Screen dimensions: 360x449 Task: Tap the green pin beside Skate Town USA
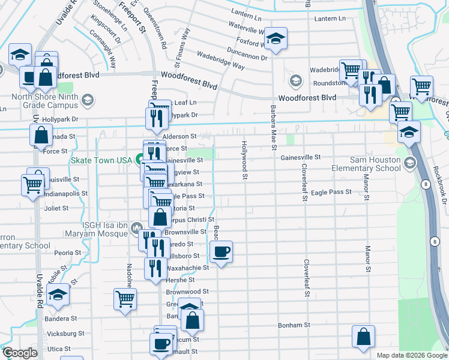click(139, 160)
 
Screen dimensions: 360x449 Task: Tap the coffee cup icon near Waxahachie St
click(221, 251)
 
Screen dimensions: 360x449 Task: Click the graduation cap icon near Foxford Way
click(276, 40)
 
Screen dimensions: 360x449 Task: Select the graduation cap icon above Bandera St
click(58, 295)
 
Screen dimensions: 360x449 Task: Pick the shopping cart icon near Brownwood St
click(125, 298)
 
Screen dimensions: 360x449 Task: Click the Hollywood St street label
click(244, 160)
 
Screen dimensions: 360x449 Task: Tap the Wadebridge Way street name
click(220, 63)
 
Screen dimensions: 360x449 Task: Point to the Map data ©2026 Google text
click(411, 355)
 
